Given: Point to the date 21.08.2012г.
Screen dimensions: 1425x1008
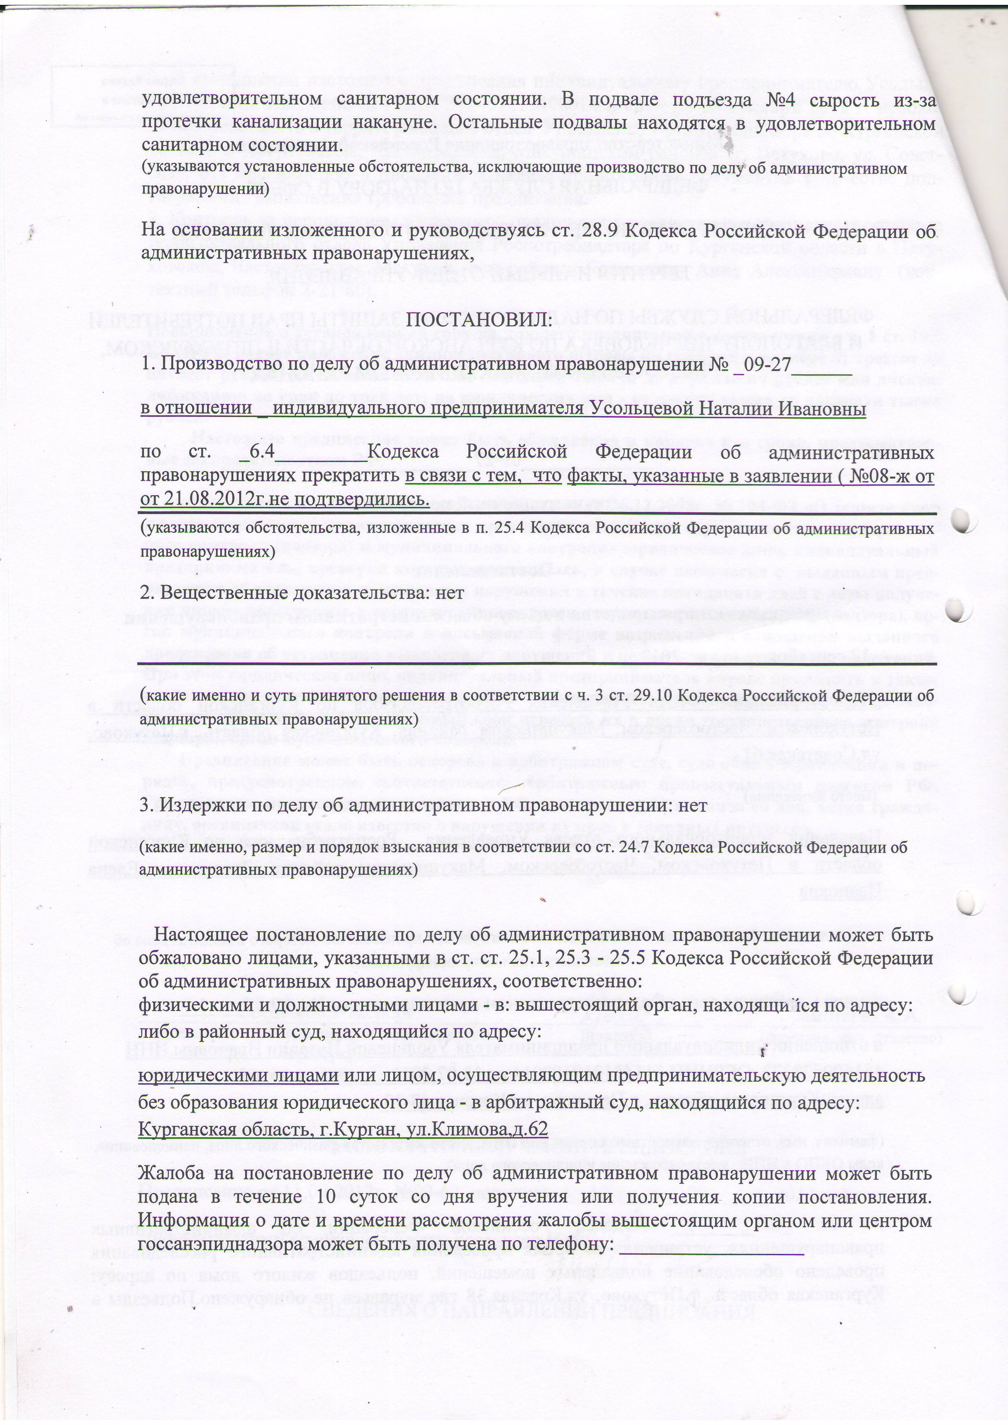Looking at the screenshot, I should pyautogui.click(x=210, y=499).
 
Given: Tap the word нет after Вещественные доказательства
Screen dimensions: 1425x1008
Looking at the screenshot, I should pyautogui.click(x=450, y=593).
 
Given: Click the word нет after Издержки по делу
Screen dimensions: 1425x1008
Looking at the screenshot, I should pyautogui.click(x=693, y=805).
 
